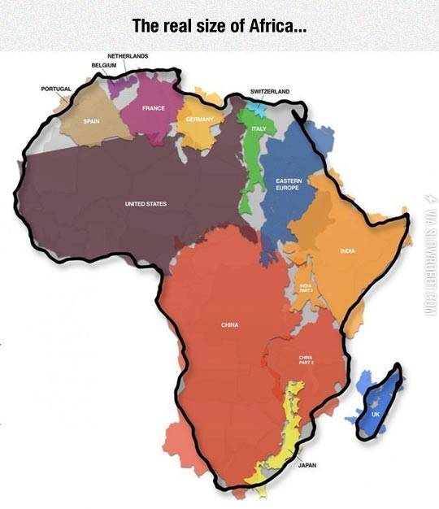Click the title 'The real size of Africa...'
pyautogui.click(x=219, y=25)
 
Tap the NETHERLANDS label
pyautogui.click(x=128, y=54)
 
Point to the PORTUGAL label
pyautogui.click(x=56, y=87)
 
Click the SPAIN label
pyautogui.click(x=90, y=120)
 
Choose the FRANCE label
pyautogui.click(x=154, y=108)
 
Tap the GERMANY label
pyautogui.click(x=198, y=119)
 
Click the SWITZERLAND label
pyautogui.click(x=270, y=92)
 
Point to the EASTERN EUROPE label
pyautogui.click(x=288, y=184)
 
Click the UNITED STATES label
pyautogui.click(x=146, y=203)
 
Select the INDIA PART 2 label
pyautogui.click(x=306, y=287)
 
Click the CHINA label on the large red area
pyautogui.click(x=229, y=324)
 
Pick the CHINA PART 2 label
pyautogui.click(x=306, y=359)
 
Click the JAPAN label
pyautogui.click(x=307, y=465)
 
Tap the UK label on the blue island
pyautogui.click(x=375, y=415)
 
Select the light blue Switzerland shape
pyautogui.click(x=257, y=107)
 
